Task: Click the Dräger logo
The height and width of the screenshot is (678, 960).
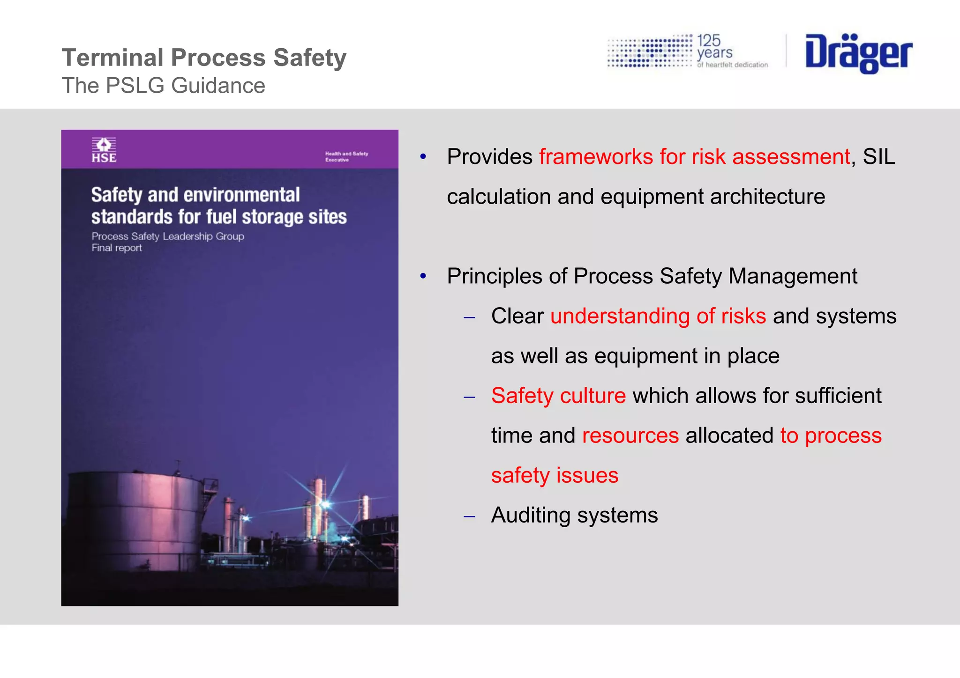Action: [858, 53]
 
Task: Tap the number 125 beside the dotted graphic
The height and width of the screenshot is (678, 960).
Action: [708, 41]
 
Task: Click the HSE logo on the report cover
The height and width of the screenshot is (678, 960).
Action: [104, 150]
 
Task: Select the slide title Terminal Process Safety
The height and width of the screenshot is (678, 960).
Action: [204, 58]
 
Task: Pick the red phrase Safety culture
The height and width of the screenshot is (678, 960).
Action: [558, 396]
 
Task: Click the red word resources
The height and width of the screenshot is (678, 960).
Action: [630, 435]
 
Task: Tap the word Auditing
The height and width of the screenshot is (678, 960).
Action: [531, 515]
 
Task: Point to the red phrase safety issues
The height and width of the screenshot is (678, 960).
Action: [555, 475]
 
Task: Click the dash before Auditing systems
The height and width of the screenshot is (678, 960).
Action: [469, 516]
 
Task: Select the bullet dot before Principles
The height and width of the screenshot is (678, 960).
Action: [423, 276]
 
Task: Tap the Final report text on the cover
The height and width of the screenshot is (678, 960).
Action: [117, 248]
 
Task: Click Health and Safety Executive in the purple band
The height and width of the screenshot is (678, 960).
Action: [346, 156]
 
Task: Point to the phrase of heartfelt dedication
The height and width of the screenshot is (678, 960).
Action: [732, 65]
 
